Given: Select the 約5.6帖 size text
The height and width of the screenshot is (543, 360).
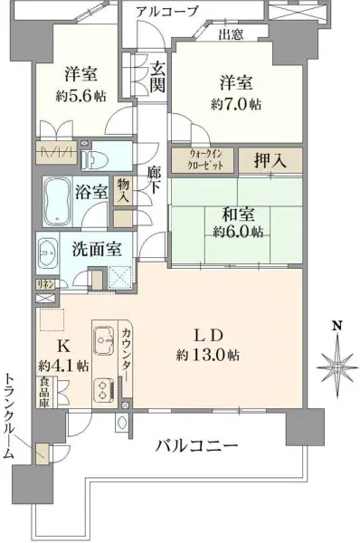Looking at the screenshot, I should pos(74,97).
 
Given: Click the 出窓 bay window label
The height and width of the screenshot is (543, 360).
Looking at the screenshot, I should pos(232,35).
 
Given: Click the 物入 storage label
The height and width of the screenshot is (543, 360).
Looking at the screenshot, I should pos(124,191).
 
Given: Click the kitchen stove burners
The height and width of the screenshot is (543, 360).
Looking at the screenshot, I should pos(101,391).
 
